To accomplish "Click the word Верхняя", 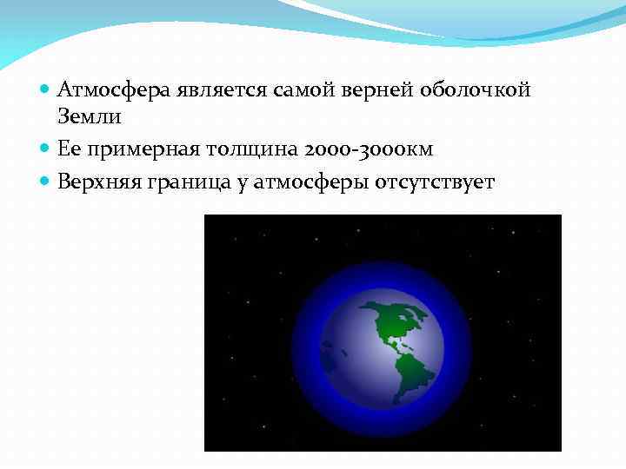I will pyautogui.click(x=98, y=182).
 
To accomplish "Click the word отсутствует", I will pyautogui.click(x=435, y=182).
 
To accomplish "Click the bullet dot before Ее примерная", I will pyautogui.click(x=45, y=149).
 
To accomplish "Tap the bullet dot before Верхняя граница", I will pyautogui.click(x=45, y=182).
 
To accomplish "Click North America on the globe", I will pyautogui.click(x=387, y=321).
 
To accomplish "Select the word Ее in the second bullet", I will pyautogui.click(x=69, y=149).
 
